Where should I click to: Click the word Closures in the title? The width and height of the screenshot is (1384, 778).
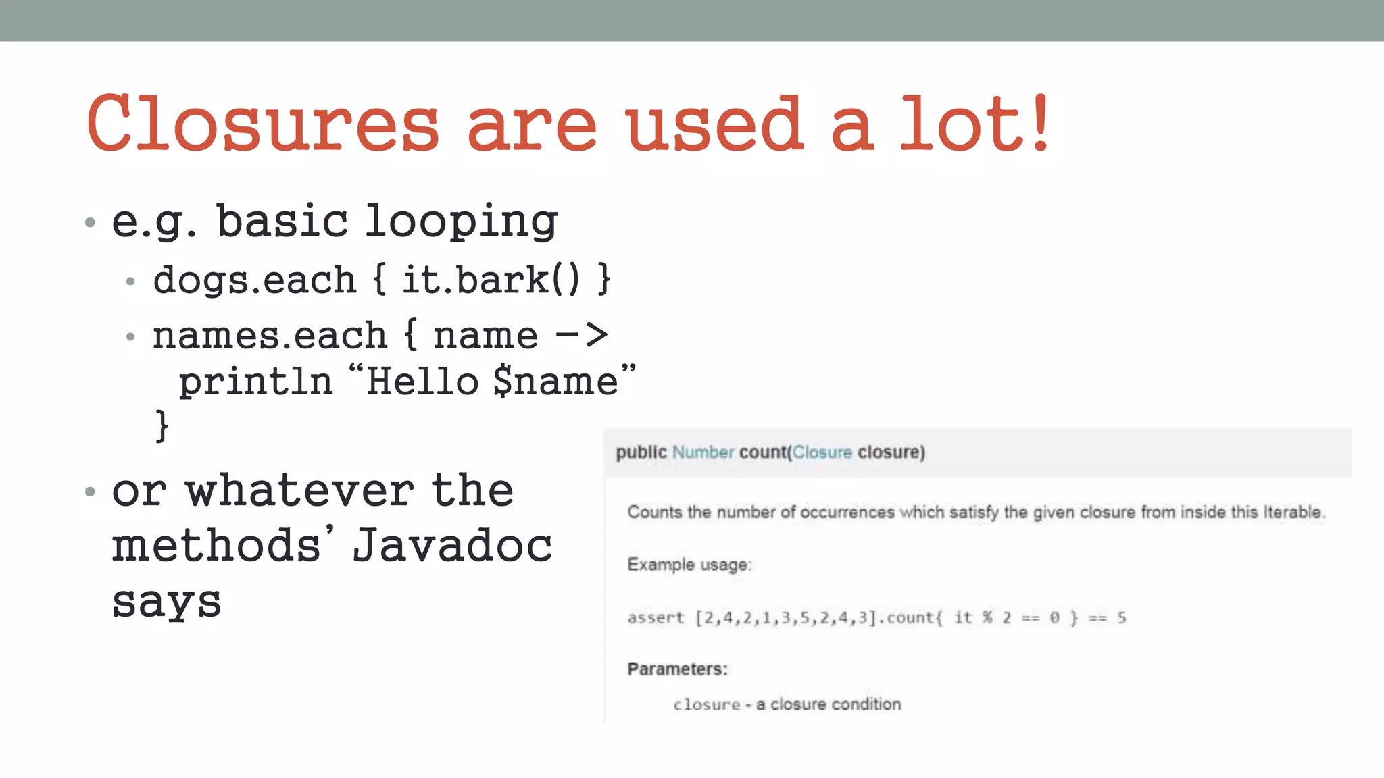(x=263, y=124)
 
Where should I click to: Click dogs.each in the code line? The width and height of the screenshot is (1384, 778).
(x=254, y=280)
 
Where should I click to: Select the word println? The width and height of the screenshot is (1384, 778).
(x=255, y=382)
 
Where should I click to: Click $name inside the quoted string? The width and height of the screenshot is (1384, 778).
(x=555, y=382)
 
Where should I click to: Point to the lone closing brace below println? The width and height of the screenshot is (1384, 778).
(x=162, y=425)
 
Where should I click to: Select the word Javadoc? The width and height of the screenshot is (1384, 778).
(x=452, y=545)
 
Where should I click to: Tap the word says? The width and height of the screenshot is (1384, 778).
(x=166, y=601)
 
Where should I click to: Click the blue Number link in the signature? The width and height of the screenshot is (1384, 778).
(x=703, y=452)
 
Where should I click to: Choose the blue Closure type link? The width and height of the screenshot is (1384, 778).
(x=822, y=452)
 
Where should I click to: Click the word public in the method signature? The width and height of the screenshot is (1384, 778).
(x=641, y=452)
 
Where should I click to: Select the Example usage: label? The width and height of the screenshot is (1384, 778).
(x=689, y=565)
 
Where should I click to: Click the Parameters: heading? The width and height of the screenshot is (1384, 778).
(x=677, y=669)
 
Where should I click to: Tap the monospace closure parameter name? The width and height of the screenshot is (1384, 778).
(x=707, y=704)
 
